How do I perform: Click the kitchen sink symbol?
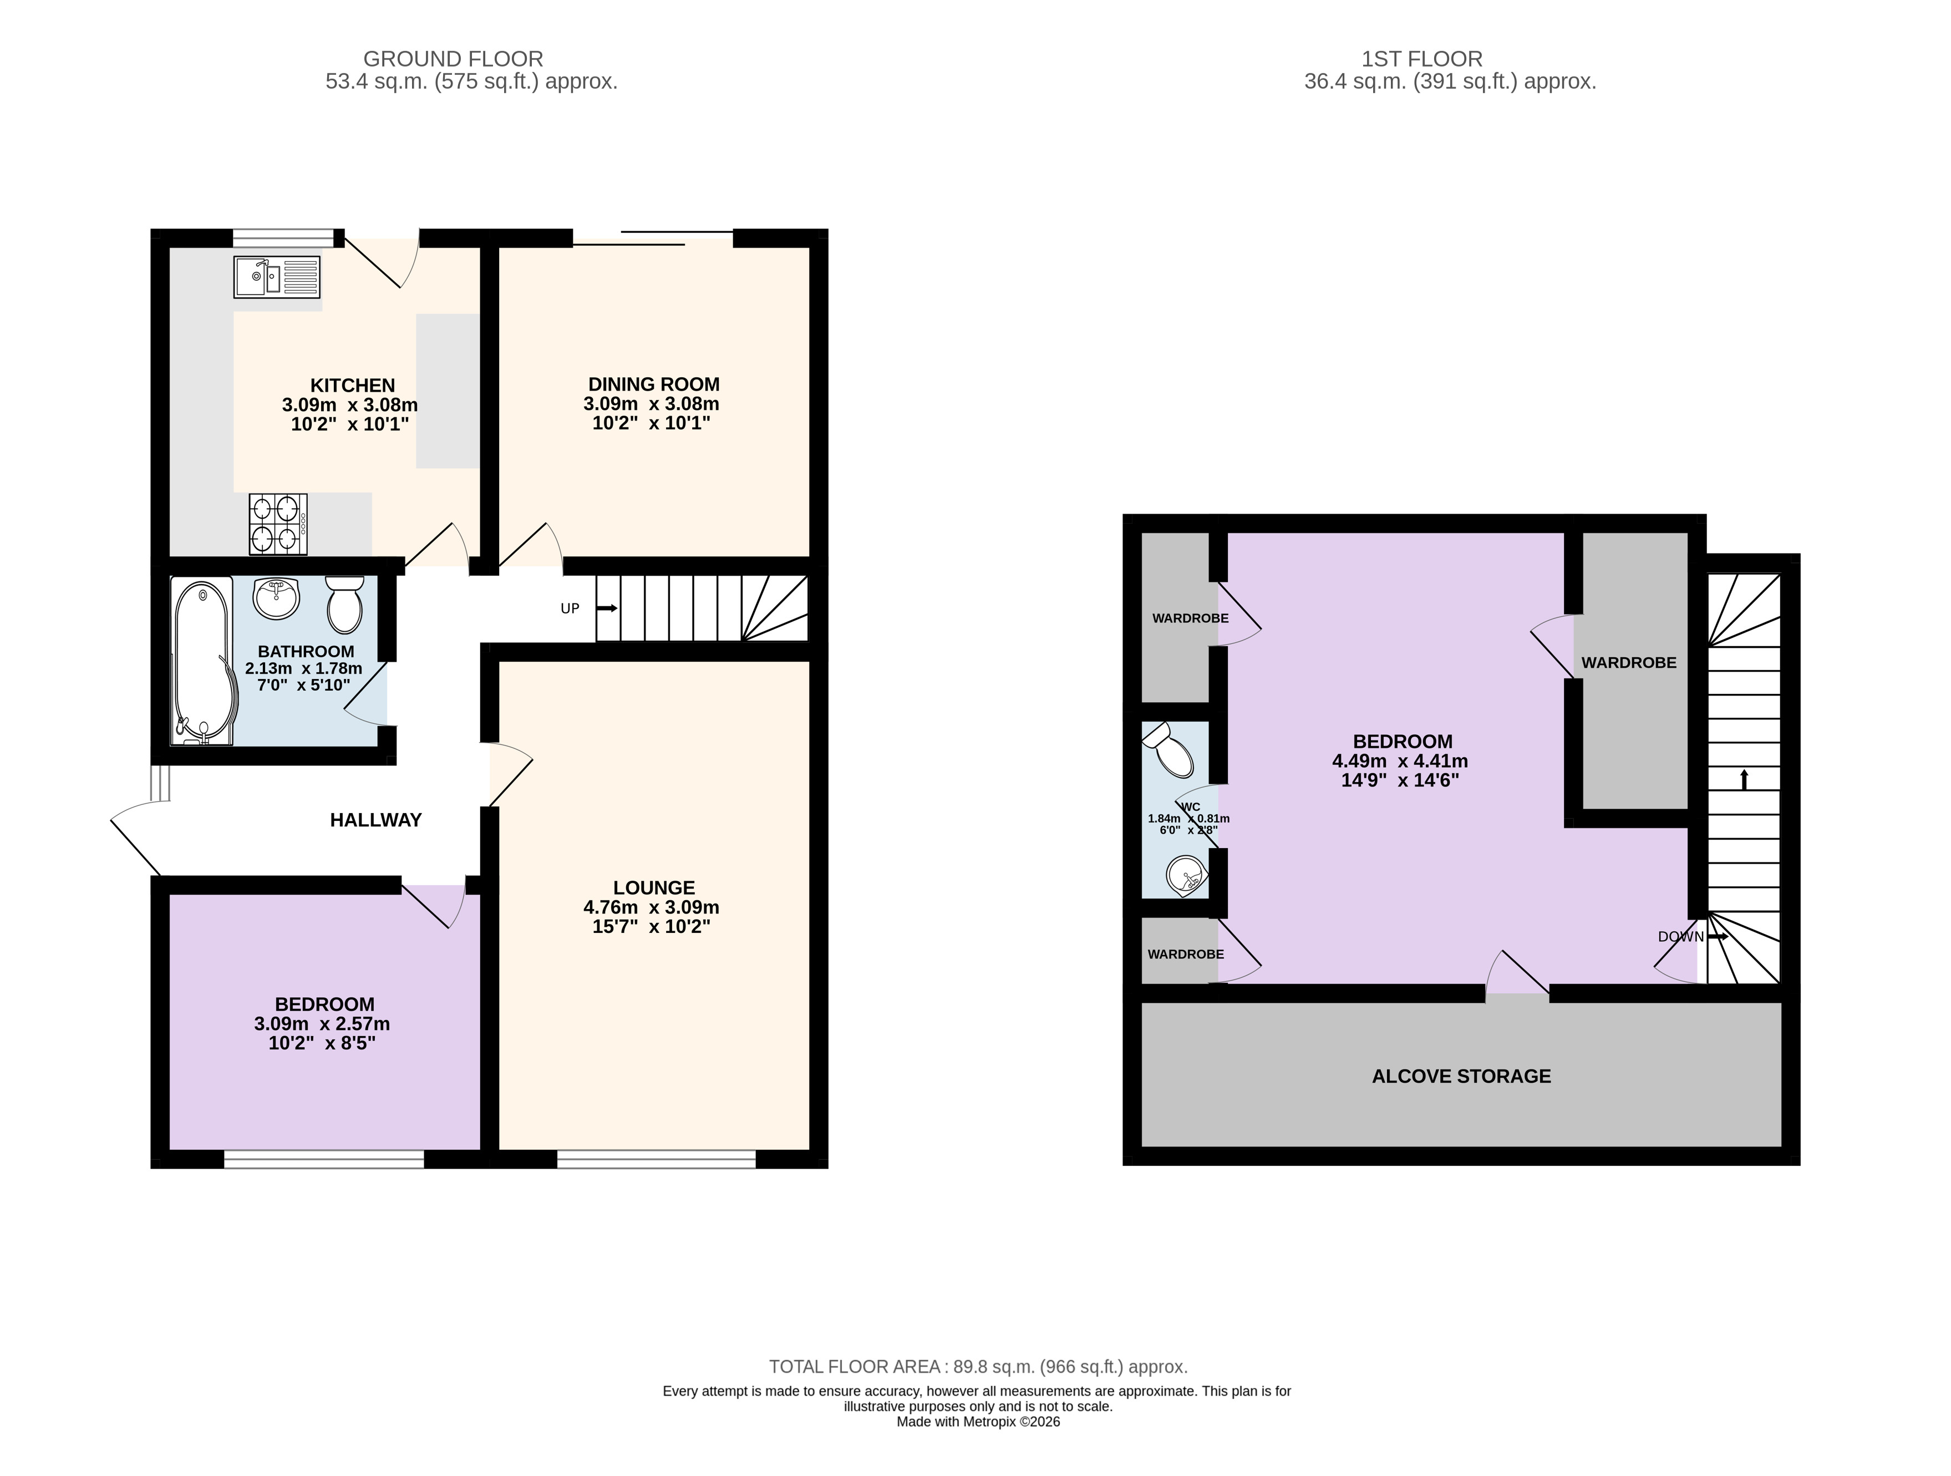(277, 277)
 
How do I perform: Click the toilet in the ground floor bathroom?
(344, 605)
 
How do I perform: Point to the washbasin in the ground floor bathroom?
(277, 598)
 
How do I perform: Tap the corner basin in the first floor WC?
(1186, 876)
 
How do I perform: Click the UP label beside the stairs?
(570, 608)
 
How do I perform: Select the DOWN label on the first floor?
(1680, 937)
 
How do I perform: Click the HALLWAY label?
(376, 820)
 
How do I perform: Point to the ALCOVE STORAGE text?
(1461, 1076)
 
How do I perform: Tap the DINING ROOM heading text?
(653, 384)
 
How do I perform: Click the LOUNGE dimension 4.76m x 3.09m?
(651, 907)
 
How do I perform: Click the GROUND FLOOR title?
(453, 59)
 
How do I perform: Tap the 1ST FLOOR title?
(1422, 59)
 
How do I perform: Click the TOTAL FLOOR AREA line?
(978, 1367)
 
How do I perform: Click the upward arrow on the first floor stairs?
(1744, 779)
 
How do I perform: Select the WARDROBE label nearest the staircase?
(1629, 663)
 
